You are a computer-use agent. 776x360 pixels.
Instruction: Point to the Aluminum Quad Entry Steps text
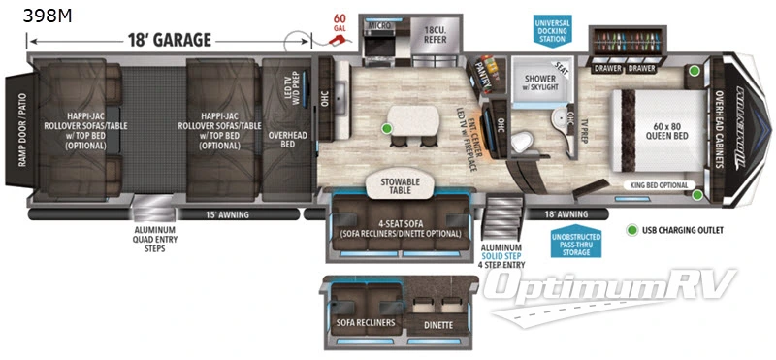(x=149, y=240)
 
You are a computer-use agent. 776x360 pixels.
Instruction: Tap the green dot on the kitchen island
(x=387, y=127)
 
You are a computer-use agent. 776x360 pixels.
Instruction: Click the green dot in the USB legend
(x=633, y=231)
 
